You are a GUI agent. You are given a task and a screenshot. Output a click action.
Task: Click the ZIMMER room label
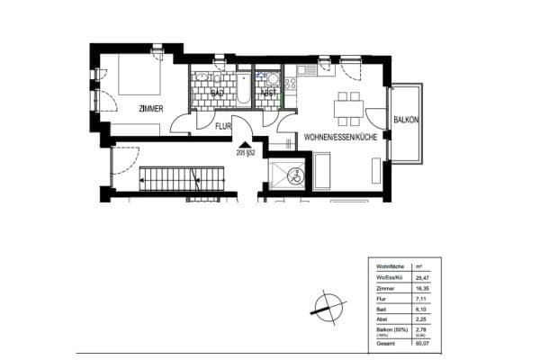point(151,108)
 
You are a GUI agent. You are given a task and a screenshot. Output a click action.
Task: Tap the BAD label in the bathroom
point(218,93)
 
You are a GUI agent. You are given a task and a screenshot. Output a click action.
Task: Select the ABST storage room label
point(268,93)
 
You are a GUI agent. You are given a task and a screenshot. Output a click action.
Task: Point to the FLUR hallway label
point(222,127)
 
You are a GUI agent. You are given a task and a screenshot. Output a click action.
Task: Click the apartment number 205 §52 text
point(247,154)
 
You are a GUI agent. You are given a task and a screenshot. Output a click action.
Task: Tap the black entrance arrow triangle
point(246,143)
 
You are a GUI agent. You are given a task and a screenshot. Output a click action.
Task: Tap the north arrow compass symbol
point(328,306)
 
